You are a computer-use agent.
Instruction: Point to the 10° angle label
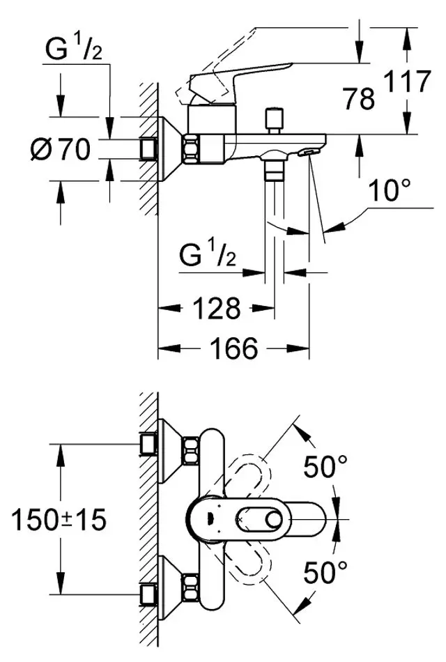click(387, 191)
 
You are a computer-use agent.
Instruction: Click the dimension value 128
click(217, 307)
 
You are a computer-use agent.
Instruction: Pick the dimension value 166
click(233, 347)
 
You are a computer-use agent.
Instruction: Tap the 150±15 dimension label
click(59, 519)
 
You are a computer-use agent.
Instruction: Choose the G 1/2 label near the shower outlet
click(207, 257)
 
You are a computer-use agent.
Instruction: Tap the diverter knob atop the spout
click(274, 116)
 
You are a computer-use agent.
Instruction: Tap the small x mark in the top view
click(240, 520)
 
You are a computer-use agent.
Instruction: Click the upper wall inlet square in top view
click(148, 444)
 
